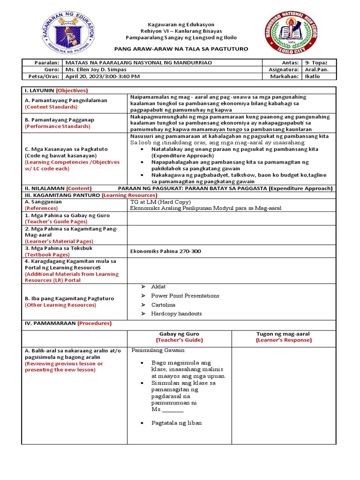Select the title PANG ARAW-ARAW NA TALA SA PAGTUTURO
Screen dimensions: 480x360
[x=181, y=49]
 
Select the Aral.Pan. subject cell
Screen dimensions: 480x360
[x=317, y=69]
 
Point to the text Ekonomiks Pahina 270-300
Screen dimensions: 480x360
[x=165, y=251]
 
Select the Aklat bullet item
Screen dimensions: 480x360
[x=158, y=286]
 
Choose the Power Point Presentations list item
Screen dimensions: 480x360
[x=185, y=296]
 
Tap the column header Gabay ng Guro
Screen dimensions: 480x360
[x=179, y=334]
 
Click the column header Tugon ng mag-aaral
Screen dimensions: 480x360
[x=283, y=334]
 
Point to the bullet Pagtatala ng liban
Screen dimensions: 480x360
[x=176, y=423]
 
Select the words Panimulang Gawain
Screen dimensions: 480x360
[x=158, y=350]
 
